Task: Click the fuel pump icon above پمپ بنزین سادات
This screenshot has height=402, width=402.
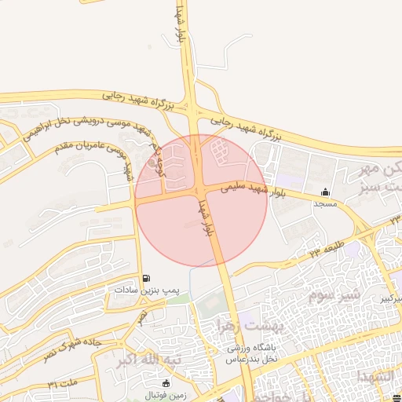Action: [147, 280]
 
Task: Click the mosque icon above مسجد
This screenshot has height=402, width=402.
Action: [325, 192]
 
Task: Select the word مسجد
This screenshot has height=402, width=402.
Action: [325, 203]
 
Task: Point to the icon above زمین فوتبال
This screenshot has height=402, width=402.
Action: [166, 383]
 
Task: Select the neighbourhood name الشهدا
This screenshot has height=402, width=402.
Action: [373, 377]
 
